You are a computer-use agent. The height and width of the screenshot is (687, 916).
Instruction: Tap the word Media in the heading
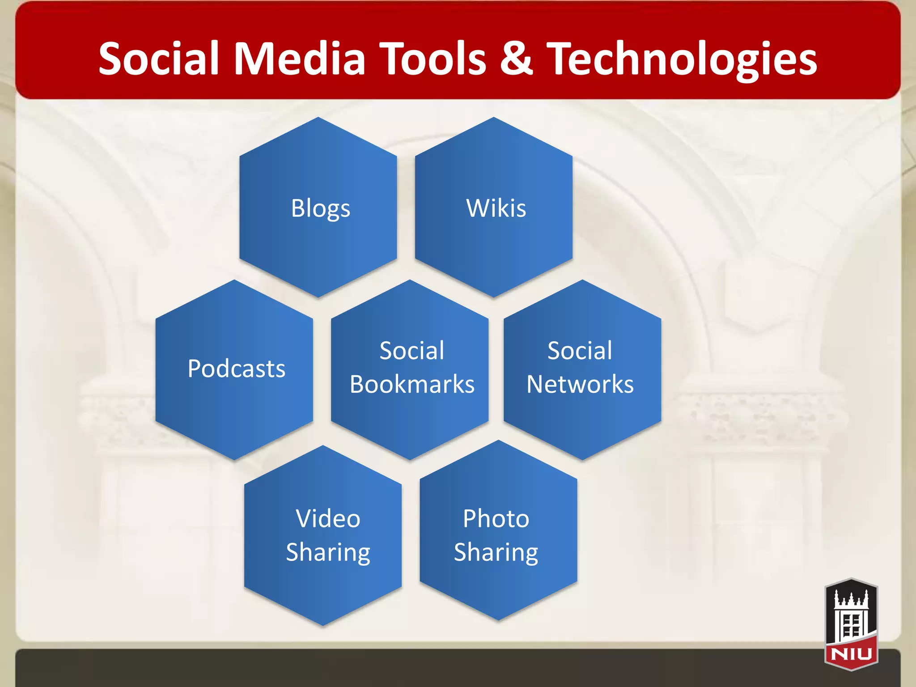click(x=300, y=59)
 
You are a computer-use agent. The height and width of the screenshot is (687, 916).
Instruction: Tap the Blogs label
click(x=321, y=208)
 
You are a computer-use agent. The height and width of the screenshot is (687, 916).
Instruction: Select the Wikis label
click(x=496, y=208)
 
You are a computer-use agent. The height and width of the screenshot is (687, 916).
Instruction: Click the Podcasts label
click(x=237, y=369)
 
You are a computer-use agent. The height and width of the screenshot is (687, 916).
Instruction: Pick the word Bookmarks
click(x=412, y=385)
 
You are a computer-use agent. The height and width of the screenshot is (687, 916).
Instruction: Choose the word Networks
click(x=580, y=385)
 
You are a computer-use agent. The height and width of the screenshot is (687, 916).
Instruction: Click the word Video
click(x=328, y=519)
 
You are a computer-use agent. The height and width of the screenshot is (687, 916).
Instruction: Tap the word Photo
click(x=496, y=519)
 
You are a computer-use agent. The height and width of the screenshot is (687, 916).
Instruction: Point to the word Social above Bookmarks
click(x=412, y=351)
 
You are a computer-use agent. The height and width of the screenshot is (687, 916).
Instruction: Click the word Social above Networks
click(x=580, y=351)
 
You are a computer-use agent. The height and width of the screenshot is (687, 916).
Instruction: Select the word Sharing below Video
click(x=328, y=553)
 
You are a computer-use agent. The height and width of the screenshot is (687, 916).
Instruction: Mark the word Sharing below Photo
click(x=496, y=553)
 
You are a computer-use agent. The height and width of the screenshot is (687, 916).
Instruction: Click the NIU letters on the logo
click(x=851, y=654)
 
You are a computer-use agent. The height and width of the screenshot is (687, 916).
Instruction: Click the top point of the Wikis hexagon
click(x=494, y=118)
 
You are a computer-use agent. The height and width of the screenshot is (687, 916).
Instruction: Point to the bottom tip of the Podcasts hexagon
click(x=234, y=459)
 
